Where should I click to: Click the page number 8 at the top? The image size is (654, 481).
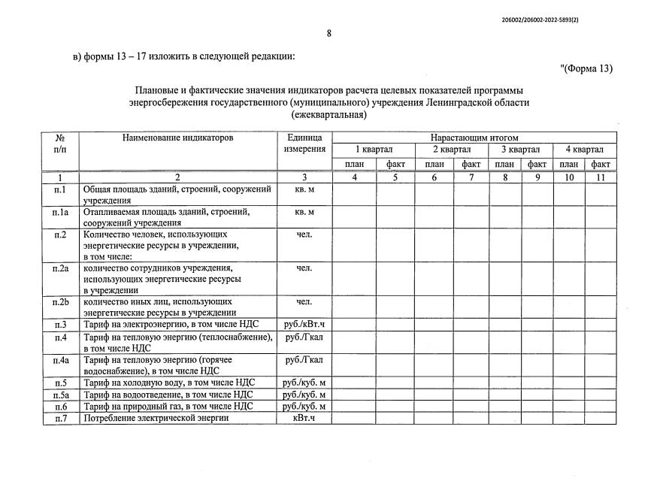pyautogui.click(x=329, y=33)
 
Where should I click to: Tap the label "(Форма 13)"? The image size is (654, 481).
pyautogui.click(x=587, y=69)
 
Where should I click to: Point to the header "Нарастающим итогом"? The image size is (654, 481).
pyautogui.click(x=474, y=138)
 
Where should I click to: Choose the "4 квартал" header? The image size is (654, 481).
pyautogui.click(x=584, y=150)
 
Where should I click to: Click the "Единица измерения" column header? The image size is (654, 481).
pyautogui.click(x=304, y=144)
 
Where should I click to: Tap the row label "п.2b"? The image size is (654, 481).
pyautogui.click(x=61, y=302)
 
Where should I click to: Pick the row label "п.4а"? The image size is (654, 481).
pyautogui.click(x=61, y=361)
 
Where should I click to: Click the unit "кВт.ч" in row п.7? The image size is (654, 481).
pyautogui.click(x=304, y=418)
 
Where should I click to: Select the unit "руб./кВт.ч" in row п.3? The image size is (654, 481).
pyautogui.click(x=304, y=325)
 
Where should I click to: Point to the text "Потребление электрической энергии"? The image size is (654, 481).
pyautogui.click(x=156, y=418)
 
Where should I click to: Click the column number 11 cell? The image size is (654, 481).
pyautogui.click(x=600, y=177)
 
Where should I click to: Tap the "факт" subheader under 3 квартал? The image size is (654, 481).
pyautogui.click(x=537, y=164)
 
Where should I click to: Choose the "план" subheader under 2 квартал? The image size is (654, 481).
pyautogui.click(x=434, y=164)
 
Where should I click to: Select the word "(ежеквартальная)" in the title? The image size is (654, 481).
pyautogui.click(x=329, y=116)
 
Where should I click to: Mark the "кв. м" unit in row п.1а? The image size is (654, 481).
pyautogui.click(x=304, y=213)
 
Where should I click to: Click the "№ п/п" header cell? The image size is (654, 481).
pyautogui.click(x=61, y=144)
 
